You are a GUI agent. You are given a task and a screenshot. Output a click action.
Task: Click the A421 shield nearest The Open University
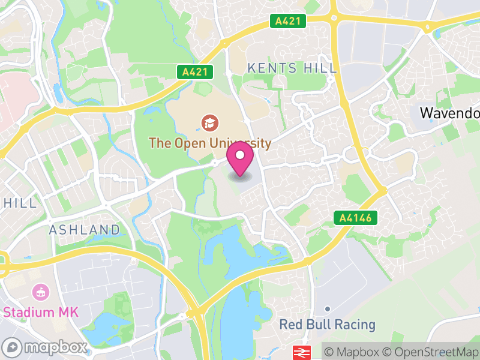196,72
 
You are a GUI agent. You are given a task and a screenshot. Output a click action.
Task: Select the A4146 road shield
356,218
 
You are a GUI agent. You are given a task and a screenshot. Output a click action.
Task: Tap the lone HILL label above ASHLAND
20,203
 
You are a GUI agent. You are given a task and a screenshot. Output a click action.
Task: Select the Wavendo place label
449,112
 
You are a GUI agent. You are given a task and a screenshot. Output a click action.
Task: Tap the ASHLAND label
84,230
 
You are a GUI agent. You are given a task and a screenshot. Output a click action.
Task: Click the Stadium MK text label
41,312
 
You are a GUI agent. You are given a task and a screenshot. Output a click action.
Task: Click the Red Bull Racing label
328,325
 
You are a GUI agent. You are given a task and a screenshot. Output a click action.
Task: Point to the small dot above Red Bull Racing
328,309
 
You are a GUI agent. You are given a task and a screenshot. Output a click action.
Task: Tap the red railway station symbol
300,352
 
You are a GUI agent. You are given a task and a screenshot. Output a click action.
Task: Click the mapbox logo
45,347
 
